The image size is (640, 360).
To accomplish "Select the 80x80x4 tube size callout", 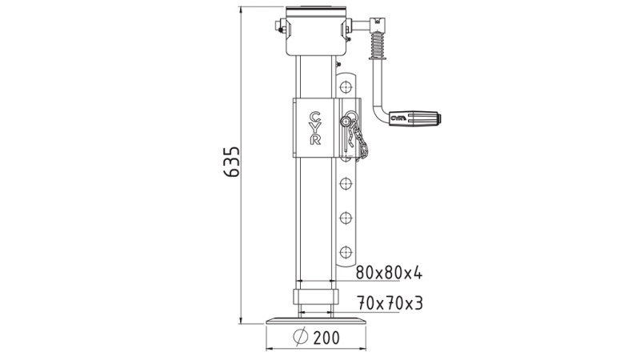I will [x=388, y=274].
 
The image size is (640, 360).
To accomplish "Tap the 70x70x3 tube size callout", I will [x=388, y=303].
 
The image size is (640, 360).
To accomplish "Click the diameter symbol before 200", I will [x=299, y=338].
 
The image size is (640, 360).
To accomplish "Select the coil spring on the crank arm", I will [x=377, y=43].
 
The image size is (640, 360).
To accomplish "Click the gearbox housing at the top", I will [x=315, y=32].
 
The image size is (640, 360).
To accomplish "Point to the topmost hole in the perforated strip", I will [x=346, y=85].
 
